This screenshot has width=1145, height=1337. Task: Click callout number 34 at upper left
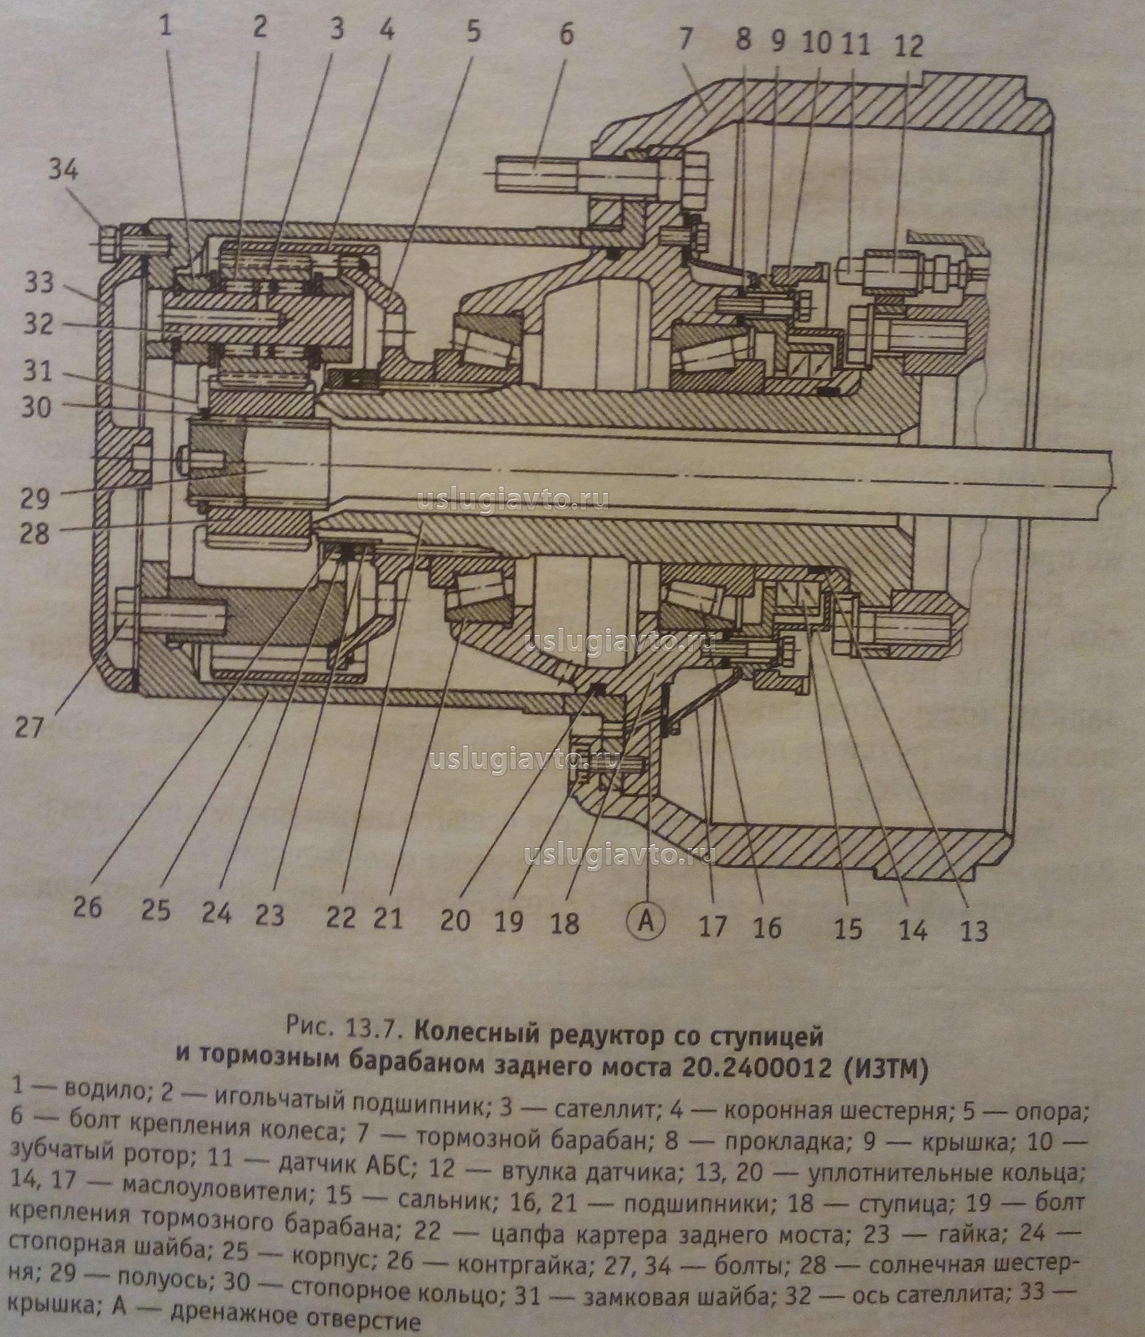(63, 170)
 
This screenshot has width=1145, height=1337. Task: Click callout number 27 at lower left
(28, 727)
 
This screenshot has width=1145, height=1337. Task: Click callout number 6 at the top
(565, 34)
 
